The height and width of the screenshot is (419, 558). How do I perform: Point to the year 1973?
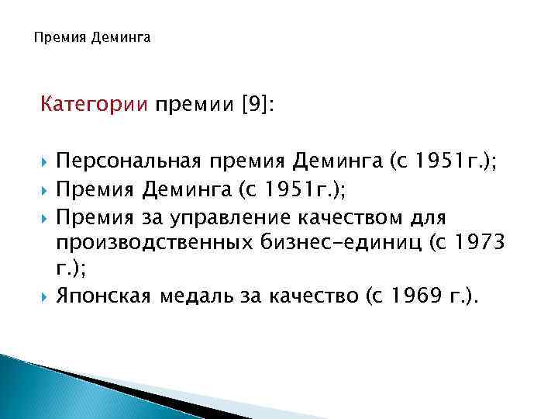point(501,242)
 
